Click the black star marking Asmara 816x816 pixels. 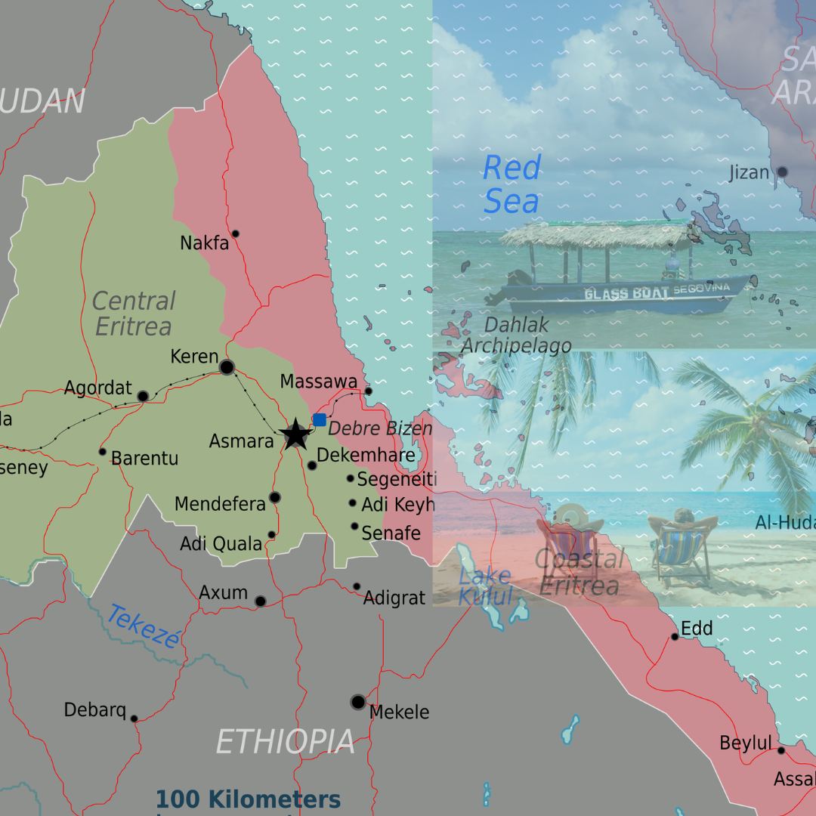295,435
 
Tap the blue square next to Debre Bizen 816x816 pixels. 320,420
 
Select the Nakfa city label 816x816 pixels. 204,243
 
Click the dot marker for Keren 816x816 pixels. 227,367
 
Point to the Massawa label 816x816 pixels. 318,382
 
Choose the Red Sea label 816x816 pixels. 512,185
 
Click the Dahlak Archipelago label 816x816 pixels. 517,335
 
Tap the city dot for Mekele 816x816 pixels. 358,702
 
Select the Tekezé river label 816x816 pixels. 144,626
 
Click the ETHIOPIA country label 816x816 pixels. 285,742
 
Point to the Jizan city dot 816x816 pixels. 782,172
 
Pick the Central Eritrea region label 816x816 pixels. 133,314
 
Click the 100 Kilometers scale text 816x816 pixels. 248,799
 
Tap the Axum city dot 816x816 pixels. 261,601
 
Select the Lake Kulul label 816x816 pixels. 485,586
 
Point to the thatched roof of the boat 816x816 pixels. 597,235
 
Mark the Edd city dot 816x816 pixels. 675,637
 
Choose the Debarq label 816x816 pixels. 94,710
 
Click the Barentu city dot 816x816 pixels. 103,452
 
